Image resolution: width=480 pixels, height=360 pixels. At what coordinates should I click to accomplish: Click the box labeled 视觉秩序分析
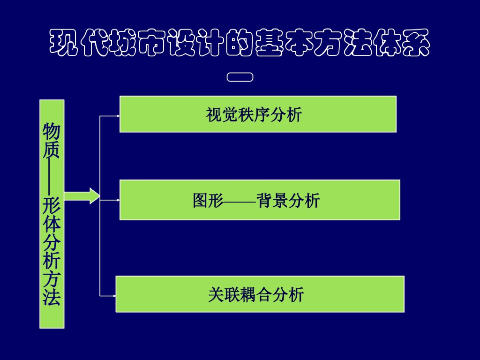click(258, 114)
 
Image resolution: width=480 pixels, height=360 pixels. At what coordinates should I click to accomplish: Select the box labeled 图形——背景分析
click(260, 200)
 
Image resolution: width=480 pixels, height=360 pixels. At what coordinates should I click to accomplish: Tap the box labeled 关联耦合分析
click(260, 294)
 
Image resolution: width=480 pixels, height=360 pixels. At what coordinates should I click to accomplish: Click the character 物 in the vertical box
click(52, 131)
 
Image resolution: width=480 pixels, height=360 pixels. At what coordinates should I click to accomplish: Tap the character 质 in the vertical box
click(52, 150)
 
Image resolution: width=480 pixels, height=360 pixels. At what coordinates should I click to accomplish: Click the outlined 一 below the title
click(240, 77)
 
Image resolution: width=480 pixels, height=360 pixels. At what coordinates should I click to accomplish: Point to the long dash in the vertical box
click(52, 176)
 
